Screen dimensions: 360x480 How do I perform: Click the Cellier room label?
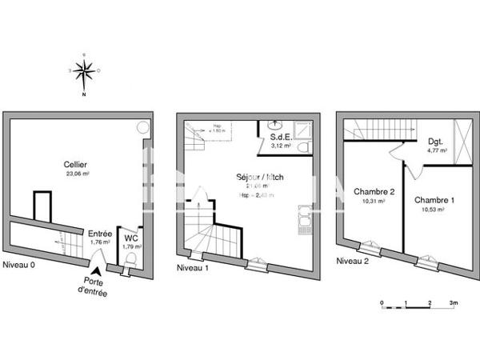[76, 164]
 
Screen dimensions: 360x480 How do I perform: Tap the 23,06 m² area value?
[76, 174]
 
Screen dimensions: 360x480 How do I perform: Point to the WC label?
[131, 238]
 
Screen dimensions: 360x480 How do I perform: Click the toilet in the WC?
[131, 258]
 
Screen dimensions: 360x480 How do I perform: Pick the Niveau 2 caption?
[352, 261]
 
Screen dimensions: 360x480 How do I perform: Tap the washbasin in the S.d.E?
[274, 125]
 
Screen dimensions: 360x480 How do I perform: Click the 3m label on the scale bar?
[454, 304]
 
